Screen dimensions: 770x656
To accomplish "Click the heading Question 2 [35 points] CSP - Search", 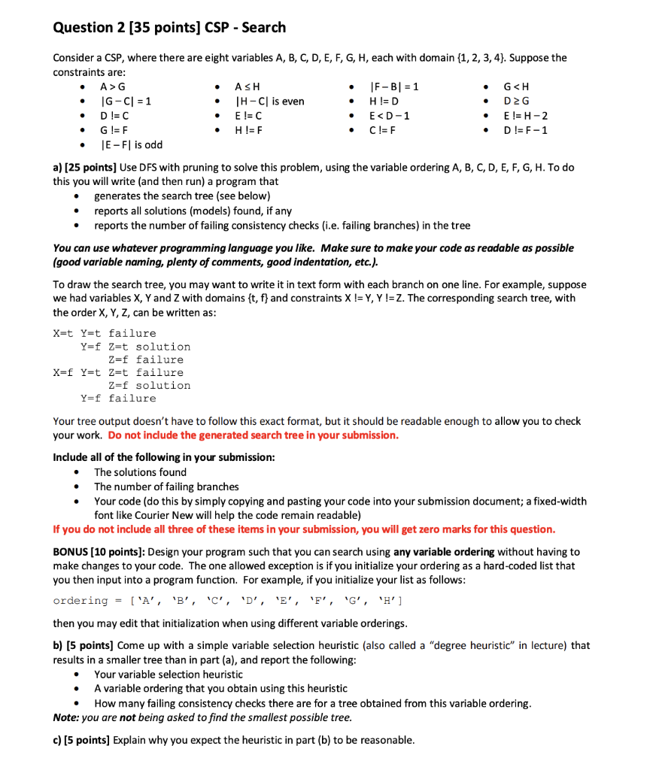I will (x=169, y=27).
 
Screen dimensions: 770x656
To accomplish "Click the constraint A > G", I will (x=113, y=87).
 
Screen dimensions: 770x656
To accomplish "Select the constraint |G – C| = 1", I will (x=126, y=102).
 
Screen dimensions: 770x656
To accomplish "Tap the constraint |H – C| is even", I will (x=269, y=102).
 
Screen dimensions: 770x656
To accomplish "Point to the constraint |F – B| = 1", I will (x=395, y=87).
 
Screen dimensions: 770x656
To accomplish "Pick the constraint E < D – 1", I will (x=389, y=116).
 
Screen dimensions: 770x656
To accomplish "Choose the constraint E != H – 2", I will (x=525, y=116).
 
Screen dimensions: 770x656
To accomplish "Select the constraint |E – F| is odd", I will (x=132, y=144).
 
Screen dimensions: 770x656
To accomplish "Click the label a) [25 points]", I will (x=84, y=167).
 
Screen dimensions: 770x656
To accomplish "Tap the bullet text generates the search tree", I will (x=182, y=196).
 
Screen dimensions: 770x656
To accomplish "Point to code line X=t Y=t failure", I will (x=105, y=333).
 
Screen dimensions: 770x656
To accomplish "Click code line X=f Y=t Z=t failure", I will (x=118, y=372).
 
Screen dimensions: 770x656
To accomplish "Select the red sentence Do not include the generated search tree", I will (x=253, y=435).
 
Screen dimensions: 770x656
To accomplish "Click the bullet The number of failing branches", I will (x=166, y=487).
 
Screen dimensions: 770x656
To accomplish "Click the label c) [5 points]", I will (x=80, y=740).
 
